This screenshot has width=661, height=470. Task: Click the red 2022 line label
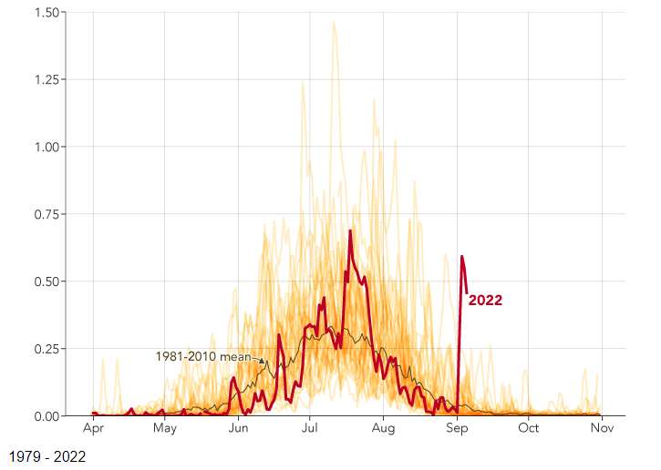pos(485,301)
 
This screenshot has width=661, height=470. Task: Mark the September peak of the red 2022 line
pos(462,257)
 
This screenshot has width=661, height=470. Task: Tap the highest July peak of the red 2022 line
pos(350,231)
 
